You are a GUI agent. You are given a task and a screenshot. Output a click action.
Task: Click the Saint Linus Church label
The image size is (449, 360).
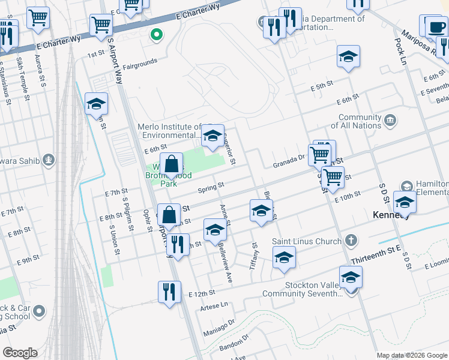click(307, 241)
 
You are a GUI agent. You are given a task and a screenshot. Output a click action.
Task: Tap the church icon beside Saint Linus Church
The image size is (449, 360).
click(351, 241)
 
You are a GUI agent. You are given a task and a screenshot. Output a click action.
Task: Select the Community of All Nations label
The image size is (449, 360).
click(360, 122)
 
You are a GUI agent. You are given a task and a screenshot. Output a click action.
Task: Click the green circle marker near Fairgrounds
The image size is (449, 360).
click(157, 35)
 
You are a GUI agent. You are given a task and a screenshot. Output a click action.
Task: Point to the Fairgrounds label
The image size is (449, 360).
click(140, 61)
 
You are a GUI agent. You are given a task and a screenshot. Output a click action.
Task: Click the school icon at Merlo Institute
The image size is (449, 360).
click(212, 136)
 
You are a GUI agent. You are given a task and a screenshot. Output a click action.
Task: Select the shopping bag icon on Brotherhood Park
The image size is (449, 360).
click(171, 163)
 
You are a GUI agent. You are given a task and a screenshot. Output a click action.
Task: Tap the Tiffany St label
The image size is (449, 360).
click(255, 255)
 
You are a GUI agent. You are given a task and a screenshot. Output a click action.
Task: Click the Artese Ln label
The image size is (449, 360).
click(217, 305)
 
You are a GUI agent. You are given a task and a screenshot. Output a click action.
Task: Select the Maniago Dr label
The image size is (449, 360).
click(218, 325)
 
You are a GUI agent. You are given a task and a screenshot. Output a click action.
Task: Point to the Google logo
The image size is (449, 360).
click(20, 353)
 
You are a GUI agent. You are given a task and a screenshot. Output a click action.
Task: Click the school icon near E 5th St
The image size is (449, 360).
click(348, 56)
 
